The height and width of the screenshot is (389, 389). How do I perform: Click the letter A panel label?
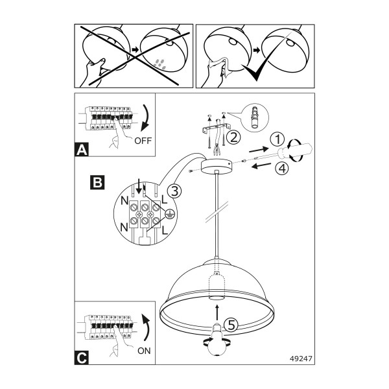(82, 150)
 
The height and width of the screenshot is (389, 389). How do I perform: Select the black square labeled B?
(97, 182)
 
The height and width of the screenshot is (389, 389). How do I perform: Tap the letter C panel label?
(82, 358)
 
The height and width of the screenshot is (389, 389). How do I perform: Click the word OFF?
(143, 141)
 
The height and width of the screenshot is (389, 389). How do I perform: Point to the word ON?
(144, 351)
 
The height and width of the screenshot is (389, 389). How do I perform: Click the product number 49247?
(301, 359)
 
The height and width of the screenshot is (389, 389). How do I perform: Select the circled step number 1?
(277, 139)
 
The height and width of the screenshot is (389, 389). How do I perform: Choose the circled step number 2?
(233, 137)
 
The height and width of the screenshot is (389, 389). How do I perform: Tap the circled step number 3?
(174, 191)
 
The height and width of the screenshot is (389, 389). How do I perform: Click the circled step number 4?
(282, 169)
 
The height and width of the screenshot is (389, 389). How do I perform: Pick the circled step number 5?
(231, 325)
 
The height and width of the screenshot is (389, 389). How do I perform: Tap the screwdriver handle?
(295, 151)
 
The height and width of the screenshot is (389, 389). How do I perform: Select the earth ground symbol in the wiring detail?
(170, 214)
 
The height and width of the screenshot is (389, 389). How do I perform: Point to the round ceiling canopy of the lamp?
(217, 167)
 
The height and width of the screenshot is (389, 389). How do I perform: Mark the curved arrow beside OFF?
(146, 118)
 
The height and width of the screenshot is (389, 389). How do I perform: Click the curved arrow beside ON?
(147, 328)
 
